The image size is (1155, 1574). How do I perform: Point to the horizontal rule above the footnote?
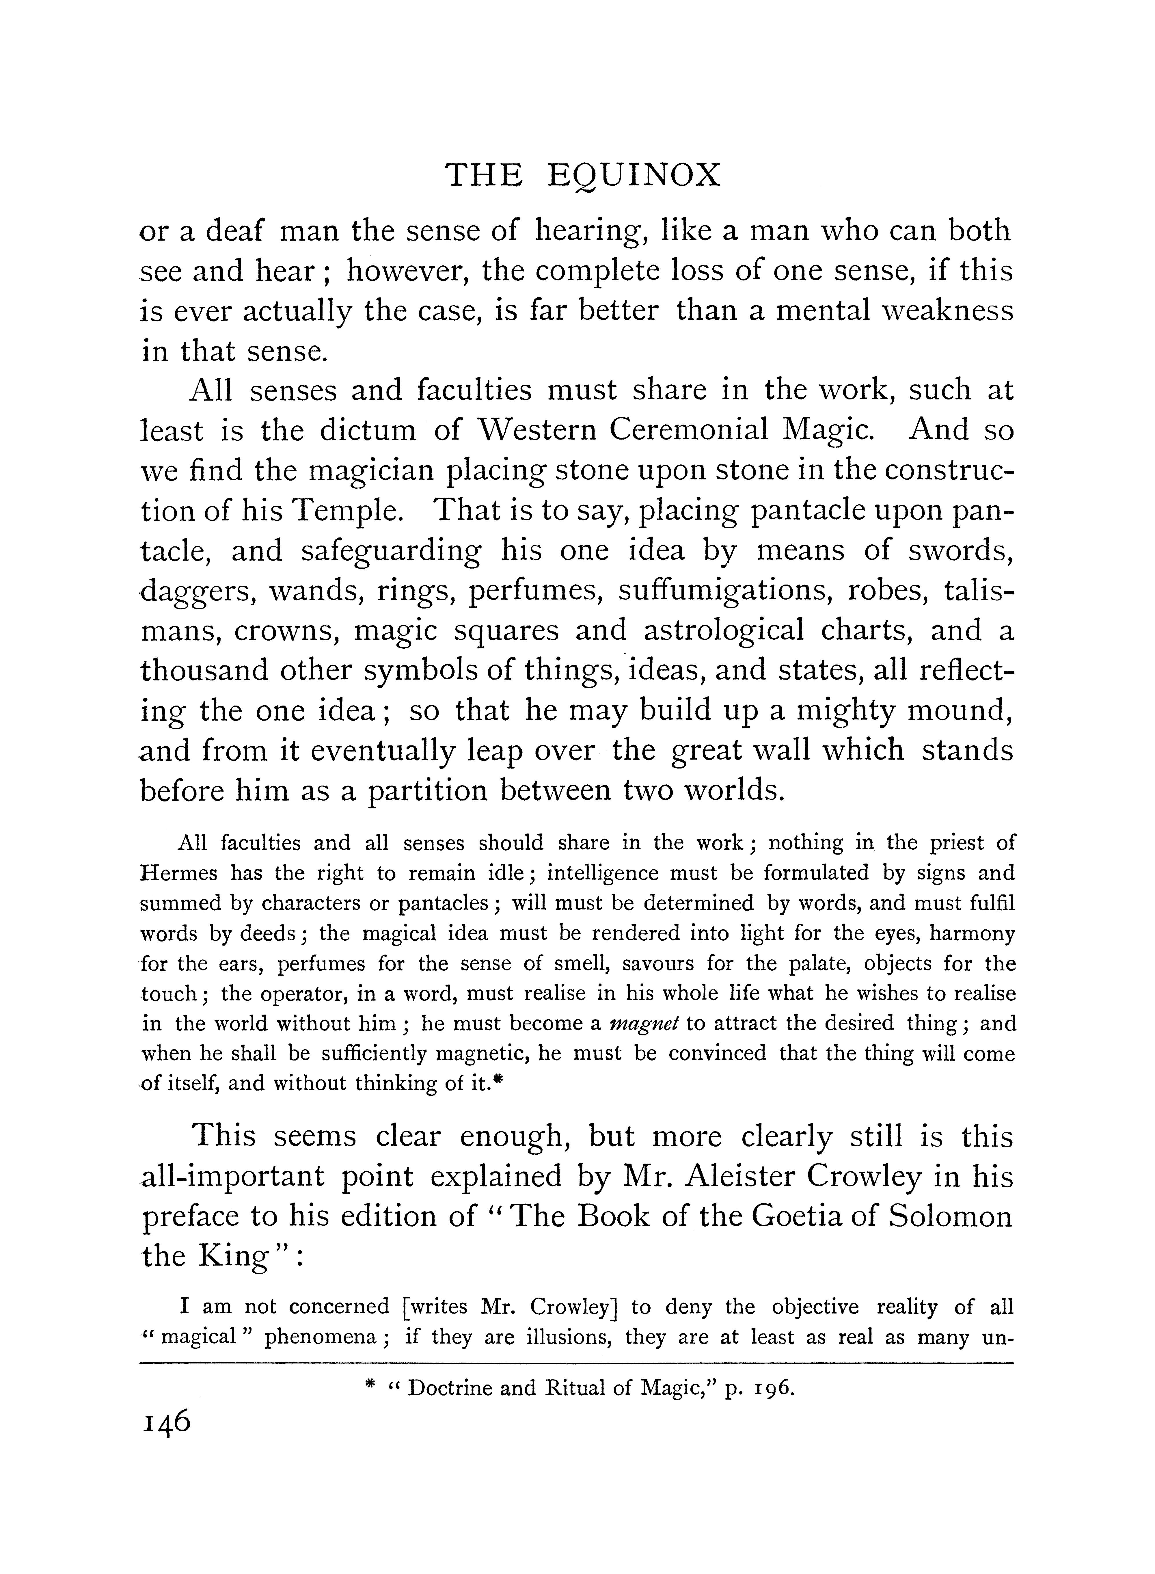click(x=577, y=1363)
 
